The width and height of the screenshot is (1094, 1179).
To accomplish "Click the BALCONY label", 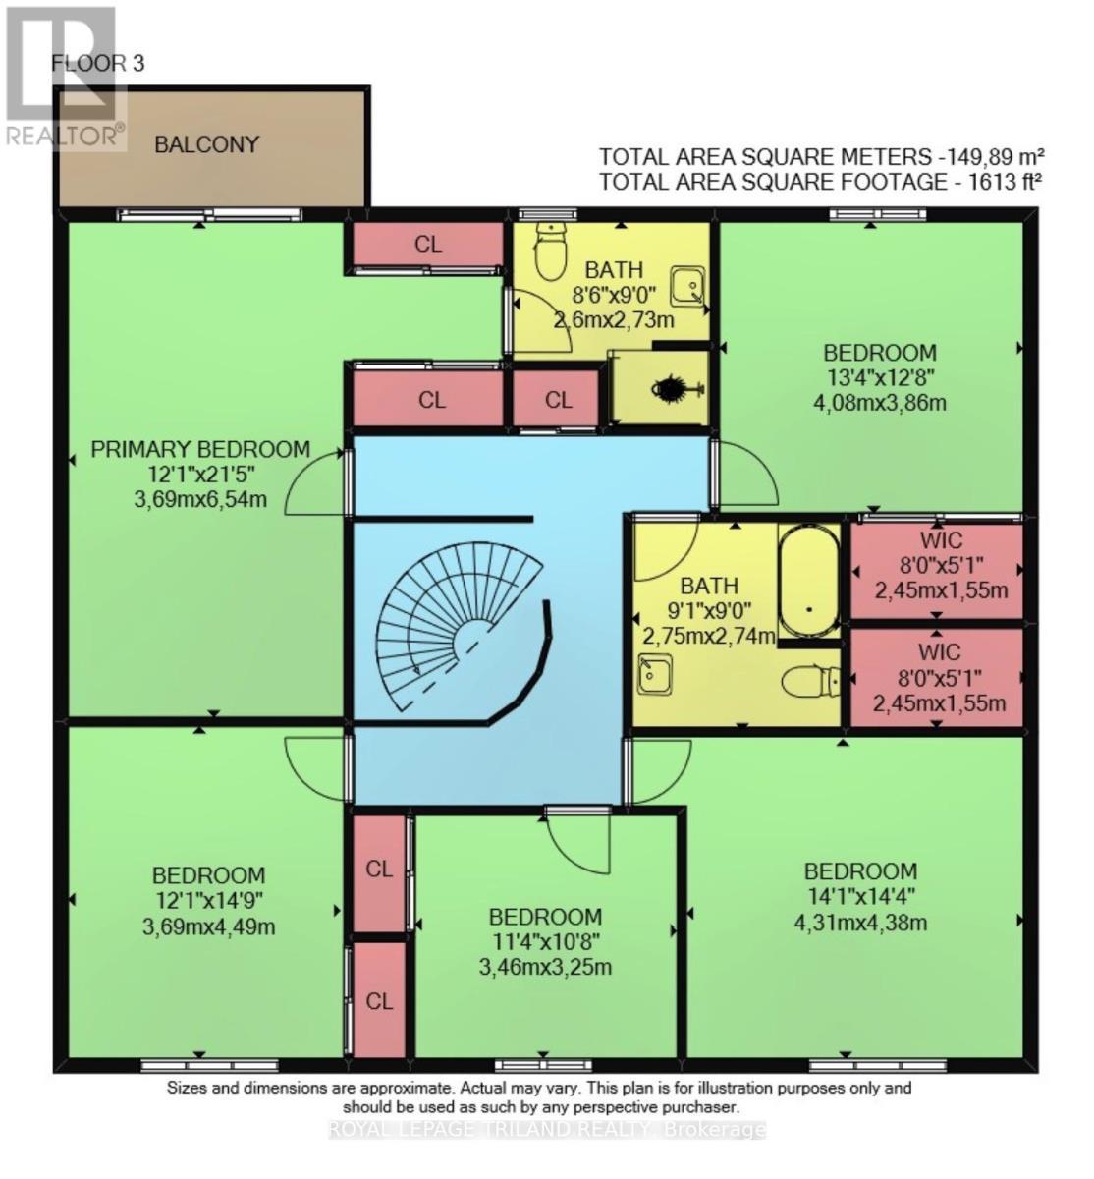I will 206,144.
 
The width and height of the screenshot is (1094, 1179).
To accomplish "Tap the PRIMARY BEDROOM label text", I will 200,449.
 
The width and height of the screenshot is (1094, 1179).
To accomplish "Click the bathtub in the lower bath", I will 808,581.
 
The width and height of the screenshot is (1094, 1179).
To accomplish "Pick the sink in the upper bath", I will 687,286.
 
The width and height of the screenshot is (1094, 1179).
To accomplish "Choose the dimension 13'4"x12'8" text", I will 879,377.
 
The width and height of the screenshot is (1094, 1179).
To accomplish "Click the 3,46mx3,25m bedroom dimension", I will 545,967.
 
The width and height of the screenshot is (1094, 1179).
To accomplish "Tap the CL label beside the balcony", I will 428,244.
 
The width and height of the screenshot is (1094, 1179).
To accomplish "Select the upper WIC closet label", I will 940,540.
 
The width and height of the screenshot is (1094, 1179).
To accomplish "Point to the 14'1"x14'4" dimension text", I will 860,896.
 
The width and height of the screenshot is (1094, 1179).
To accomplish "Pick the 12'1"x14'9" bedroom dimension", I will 208,900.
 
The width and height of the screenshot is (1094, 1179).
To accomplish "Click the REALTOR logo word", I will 62,136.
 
